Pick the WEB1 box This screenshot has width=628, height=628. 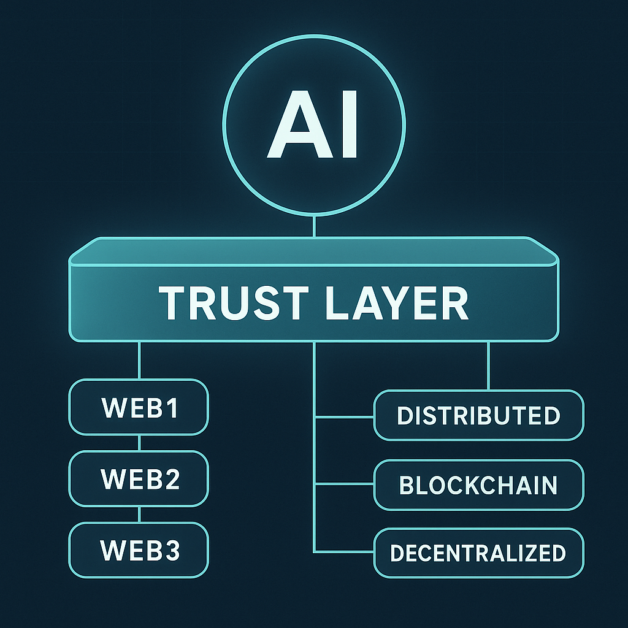coord(139,407)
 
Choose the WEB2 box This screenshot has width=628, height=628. coord(139,478)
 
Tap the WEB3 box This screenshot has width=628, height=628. coord(139,549)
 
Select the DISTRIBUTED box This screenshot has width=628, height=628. coord(478,415)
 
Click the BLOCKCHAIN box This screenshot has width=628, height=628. coord(478,484)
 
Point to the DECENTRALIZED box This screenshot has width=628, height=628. coord(478,553)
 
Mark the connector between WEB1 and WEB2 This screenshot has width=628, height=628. coord(140,443)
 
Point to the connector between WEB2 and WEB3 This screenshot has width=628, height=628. coord(140,514)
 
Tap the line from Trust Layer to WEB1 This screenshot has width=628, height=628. coord(140,360)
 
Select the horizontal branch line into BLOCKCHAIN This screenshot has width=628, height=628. coord(344,484)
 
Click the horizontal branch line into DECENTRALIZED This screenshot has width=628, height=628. coord(344,550)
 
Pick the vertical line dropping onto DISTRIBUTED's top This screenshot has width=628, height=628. coord(488,366)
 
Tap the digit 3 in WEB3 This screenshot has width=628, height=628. coord(172,550)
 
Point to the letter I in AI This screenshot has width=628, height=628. coord(348,126)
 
